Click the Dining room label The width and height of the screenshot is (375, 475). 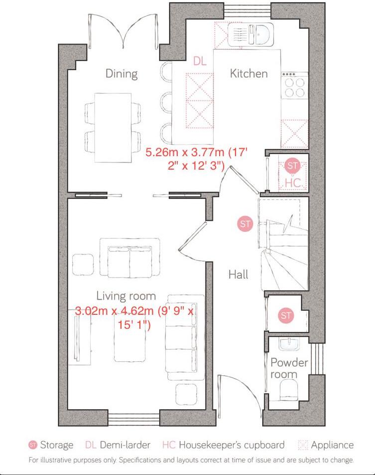121,74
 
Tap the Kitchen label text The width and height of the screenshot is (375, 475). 249,74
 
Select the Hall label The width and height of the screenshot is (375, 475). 238,274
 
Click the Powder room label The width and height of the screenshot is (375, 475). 289,368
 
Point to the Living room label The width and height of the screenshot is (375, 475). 126,296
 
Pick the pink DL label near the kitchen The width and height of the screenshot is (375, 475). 200,61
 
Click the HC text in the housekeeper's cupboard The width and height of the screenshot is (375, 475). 294,183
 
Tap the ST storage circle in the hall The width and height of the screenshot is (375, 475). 245,224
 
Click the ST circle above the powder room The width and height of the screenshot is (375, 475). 286,315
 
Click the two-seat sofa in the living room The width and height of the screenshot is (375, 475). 130,257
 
